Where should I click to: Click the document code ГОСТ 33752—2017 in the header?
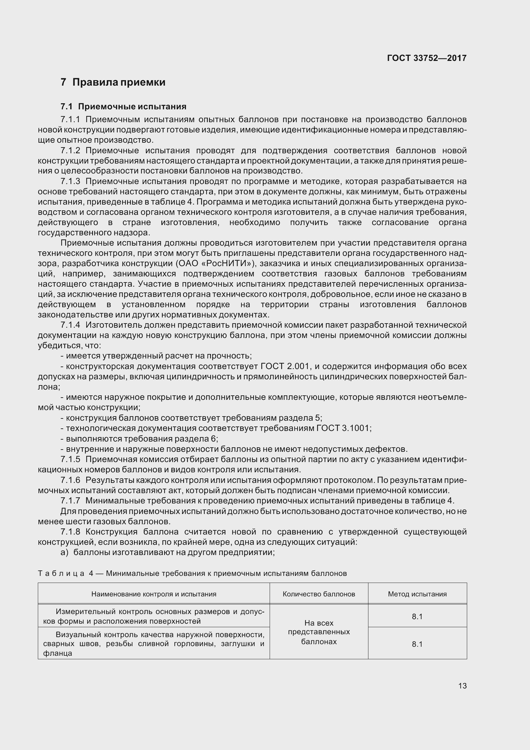426,58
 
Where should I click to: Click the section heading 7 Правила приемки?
113,82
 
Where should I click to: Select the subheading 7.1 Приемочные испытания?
123,106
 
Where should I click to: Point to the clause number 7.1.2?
70,151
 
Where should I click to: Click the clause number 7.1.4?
70,325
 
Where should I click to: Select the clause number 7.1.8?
70,532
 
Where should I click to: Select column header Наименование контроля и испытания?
154,594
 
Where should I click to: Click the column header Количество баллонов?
319,594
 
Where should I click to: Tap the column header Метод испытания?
417,594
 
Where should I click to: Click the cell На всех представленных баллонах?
319,632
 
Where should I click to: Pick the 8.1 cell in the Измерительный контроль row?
417,616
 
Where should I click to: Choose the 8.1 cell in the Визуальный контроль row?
417,644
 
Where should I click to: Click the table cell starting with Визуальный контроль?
154,644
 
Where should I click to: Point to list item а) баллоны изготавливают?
167,552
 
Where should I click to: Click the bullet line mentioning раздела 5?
191,418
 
